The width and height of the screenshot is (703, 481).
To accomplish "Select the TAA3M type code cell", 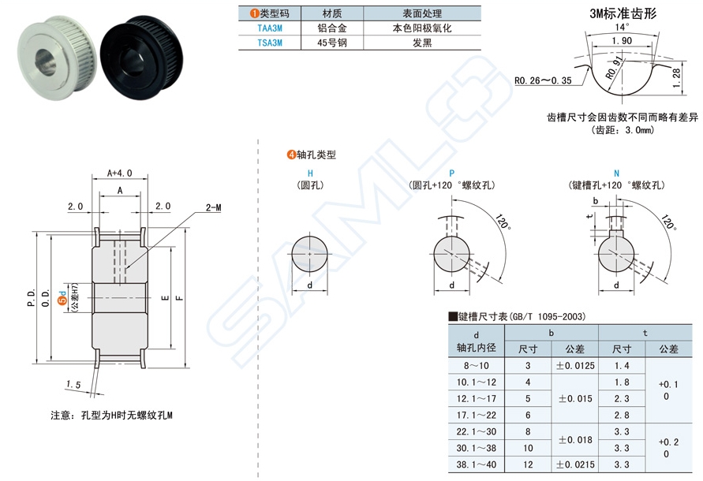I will [x=269, y=28].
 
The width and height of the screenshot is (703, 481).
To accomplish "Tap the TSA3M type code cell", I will [x=269, y=43].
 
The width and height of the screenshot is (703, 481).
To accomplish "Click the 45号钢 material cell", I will [x=332, y=43].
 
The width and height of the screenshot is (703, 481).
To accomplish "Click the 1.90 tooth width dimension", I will [x=621, y=40].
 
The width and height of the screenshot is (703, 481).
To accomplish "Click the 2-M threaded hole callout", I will [x=213, y=207].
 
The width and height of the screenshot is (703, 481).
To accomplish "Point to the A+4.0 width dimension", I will [x=119, y=173].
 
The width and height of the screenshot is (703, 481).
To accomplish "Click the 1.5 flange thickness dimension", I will [x=74, y=384].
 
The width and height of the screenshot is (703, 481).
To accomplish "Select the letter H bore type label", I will [x=310, y=172].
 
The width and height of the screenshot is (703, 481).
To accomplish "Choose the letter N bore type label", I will [x=616, y=172].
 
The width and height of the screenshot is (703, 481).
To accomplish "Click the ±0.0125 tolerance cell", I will [x=575, y=366].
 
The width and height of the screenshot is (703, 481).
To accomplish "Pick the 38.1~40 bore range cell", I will [x=476, y=465].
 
